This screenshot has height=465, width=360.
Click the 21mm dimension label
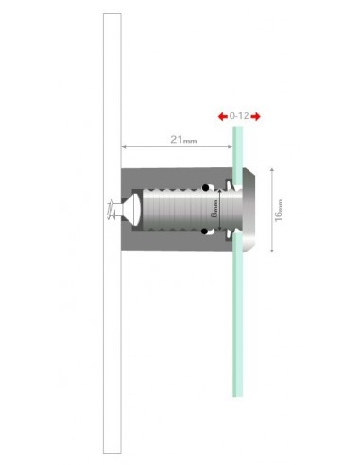tap(183, 139)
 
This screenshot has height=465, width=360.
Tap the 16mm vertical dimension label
tap(279, 210)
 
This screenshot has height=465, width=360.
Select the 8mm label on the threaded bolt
tap(214, 211)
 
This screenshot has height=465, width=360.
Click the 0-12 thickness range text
tap(239, 116)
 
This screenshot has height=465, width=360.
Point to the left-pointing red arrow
tap(223, 116)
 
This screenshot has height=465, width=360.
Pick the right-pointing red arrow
tap(256, 116)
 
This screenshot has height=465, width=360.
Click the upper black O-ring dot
tap(205, 188)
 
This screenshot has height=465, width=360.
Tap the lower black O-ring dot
tap(204, 232)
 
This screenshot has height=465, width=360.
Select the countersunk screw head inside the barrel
tap(134, 210)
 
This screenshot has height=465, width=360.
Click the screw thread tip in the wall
tap(111, 210)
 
